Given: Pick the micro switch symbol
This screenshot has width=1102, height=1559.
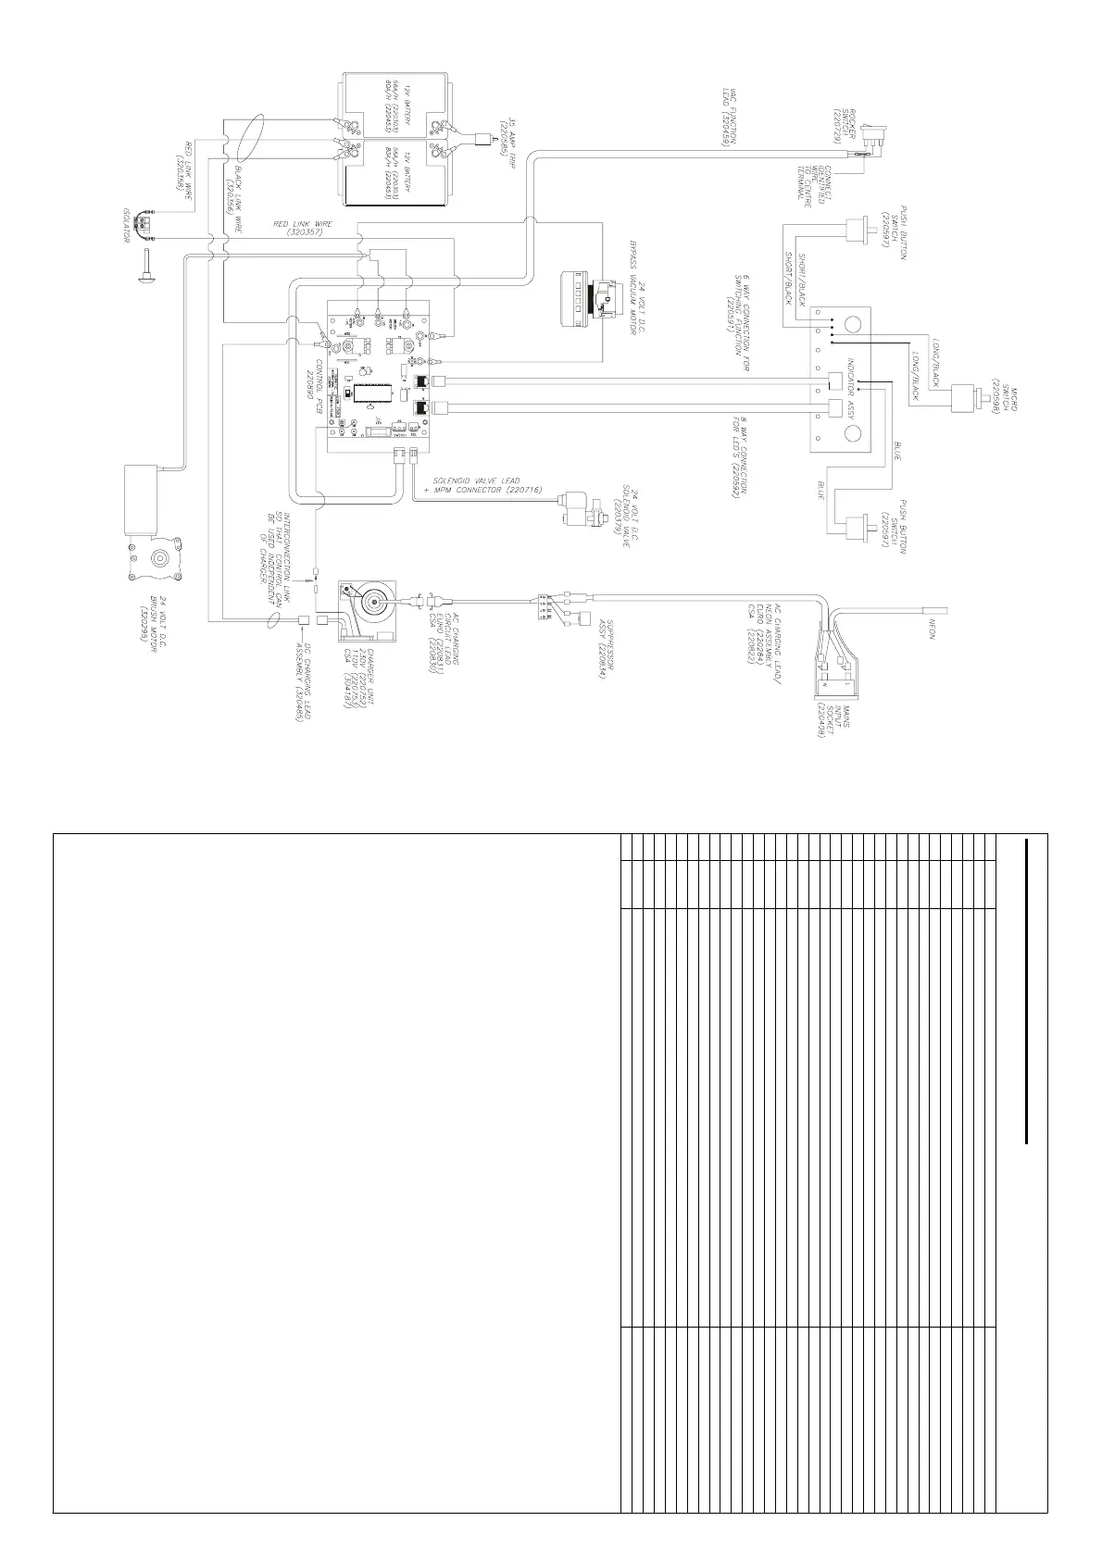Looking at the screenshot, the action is click(972, 395).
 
